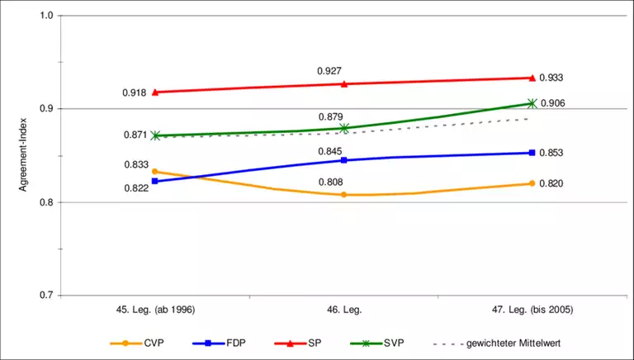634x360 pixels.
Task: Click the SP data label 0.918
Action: tap(134, 92)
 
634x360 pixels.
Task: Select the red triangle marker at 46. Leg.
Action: tap(344, 84)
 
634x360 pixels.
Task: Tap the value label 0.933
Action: tap(551, 78)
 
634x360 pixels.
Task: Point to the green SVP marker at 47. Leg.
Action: tap(532, 103)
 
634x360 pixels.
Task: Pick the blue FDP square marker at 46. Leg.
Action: tap(344, 160)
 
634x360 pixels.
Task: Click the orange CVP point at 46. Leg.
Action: tap(344, 195)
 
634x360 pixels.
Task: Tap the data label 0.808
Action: tap(330, 182)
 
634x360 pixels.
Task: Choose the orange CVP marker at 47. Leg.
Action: tap(532, 183)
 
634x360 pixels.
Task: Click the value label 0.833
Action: tap(136, 164)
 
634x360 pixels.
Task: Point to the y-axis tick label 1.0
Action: tap(45, 16)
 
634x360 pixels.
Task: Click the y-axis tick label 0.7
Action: tap(45, 296)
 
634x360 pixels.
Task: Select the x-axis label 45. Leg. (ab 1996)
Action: tap(155, 310)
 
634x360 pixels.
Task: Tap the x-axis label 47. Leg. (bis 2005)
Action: tap(532, 310)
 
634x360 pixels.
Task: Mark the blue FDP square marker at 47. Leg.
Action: tap(532, 153)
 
